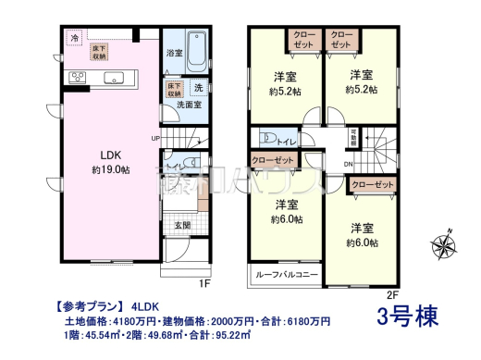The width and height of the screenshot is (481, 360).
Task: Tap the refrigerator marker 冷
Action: (x=74, y=39)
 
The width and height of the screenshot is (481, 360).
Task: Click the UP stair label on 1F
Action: (x=156, y=139)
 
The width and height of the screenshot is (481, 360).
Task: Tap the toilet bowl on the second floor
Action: (x=268, y=139)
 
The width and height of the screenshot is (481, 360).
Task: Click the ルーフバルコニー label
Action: (x=284, y=275)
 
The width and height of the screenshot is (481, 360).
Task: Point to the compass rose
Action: (x=448, y=244)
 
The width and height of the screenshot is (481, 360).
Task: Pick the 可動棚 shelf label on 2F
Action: (x=352, y=139)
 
